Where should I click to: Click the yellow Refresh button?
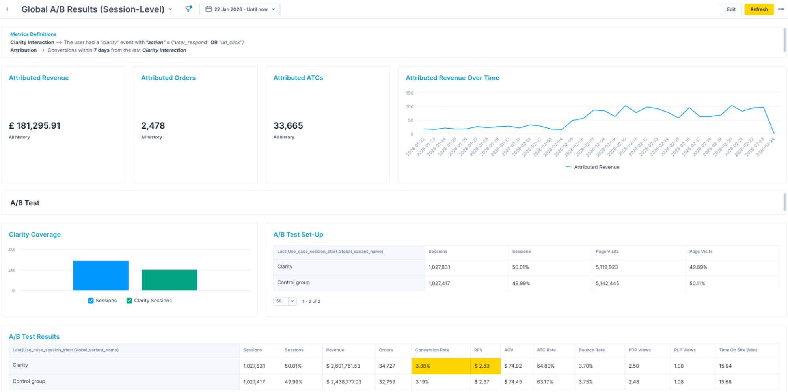[x=758, y=9]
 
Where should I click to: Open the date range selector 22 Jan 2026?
[x=240, y=9]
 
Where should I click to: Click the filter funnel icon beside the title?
[x=188, y=9]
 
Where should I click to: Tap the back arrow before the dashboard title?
[x=7, y=9]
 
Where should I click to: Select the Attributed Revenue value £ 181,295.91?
[x=35, y=126]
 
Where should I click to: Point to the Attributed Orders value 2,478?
[x=153, y=126]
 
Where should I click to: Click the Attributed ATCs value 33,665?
[x=288, y=126]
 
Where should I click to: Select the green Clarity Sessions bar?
[x=169, y=280]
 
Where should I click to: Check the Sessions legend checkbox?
[x=91, y=301]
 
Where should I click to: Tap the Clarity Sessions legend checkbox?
[x=129, y=301]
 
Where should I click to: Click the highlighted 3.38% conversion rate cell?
[x=440, y=366]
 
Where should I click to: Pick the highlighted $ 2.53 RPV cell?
[x=485, y=366]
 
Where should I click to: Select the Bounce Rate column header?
[x=591, y=350]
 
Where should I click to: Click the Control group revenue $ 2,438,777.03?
[x=344, y=382]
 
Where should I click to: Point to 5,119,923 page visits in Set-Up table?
[x=607, y=267]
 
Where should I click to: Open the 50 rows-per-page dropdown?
[x=285, y=301]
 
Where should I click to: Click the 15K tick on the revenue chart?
[x=409, y=93]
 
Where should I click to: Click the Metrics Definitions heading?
[x=33, y=34]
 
